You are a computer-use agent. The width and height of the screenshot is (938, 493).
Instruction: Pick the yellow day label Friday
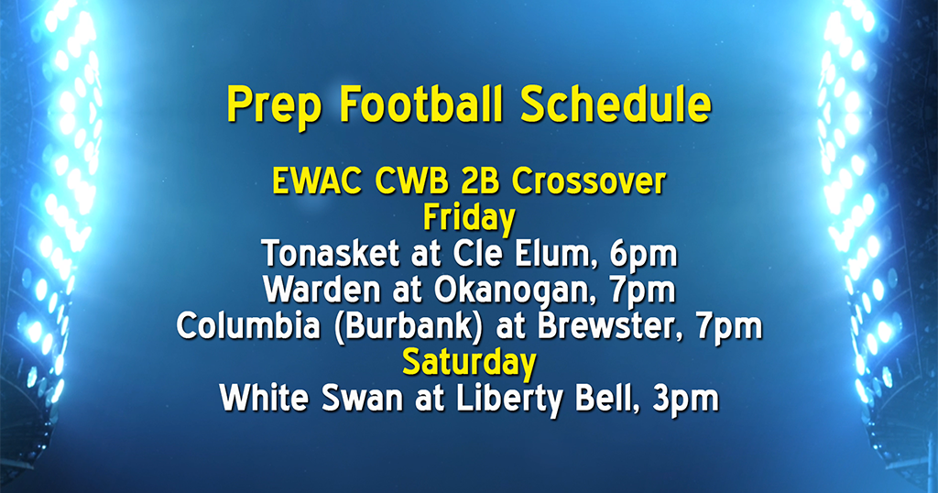pos(468,218)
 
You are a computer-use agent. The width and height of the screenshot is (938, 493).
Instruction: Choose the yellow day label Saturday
pos(468,363)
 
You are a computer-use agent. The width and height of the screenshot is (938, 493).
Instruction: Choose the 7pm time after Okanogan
pos(644,290)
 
